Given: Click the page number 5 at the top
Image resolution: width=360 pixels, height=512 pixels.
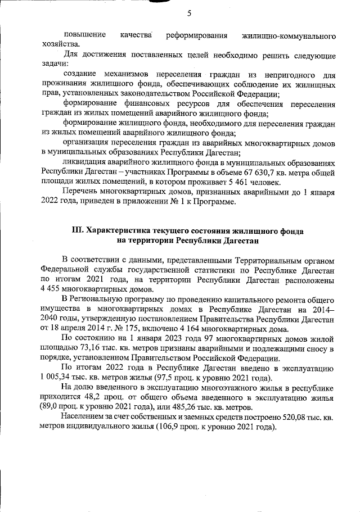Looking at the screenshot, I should (x=189, y=13).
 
